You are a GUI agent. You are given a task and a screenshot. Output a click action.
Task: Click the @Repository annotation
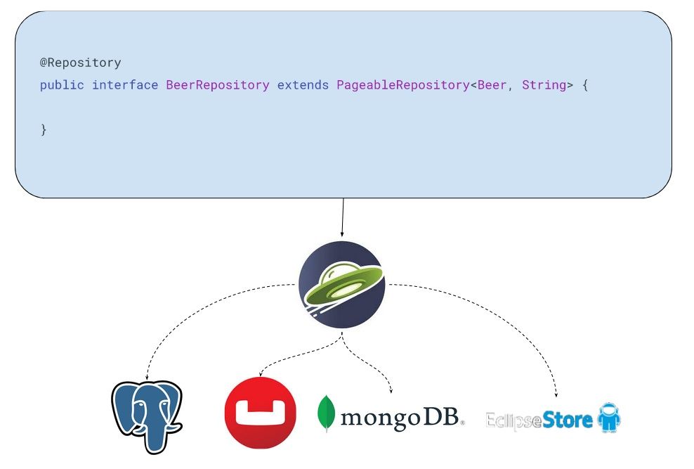click(81, 63)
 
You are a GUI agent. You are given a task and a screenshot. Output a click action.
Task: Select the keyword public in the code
click(62, 85)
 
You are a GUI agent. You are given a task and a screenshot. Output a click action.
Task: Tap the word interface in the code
click(125, 84)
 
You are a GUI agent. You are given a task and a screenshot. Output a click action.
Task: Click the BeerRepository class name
click(217, 85)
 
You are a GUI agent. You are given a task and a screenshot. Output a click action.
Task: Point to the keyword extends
click(303, 84)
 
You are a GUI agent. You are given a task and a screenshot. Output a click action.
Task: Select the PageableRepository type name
click(402, 85)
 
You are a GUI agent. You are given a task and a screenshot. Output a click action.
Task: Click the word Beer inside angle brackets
click(492, 84)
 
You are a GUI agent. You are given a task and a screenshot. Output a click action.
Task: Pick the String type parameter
click(544, 85)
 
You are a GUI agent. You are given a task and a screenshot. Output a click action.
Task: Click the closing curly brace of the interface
click(44, 129)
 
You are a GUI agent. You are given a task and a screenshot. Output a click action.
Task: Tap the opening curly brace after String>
click(585, 85)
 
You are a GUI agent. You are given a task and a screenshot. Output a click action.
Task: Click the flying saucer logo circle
click(341, 285)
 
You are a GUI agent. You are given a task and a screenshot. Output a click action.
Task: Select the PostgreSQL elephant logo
click(147, 417)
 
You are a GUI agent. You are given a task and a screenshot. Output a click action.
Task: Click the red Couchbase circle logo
click(260, 413)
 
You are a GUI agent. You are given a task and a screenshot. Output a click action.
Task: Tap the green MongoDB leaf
click(326, 413)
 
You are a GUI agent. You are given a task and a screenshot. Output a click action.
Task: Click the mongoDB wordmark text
click(402, 417)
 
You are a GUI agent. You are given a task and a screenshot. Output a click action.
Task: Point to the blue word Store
click(567, 419)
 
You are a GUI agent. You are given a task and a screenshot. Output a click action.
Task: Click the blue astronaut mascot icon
click(609, 417)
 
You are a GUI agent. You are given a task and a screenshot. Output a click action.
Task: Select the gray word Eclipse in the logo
click(513, 420)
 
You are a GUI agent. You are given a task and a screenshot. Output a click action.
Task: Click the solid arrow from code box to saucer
click(342, 217)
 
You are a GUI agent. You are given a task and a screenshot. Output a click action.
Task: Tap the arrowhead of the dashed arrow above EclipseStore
click(556, 394)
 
